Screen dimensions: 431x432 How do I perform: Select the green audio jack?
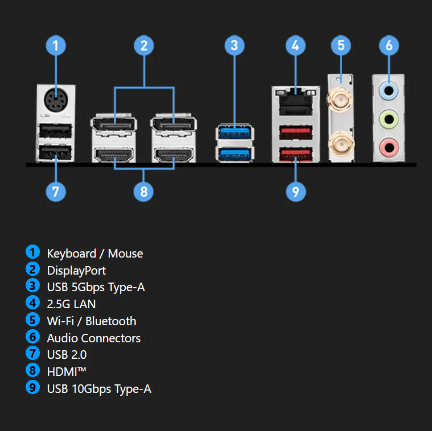pos(389,119)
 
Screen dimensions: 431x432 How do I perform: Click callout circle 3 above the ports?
pos(234,45)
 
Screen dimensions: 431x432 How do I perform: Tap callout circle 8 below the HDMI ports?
pos(144,192)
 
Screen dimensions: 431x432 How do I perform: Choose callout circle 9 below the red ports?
pos(295,192)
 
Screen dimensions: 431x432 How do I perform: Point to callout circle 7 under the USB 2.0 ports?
pos(55,192)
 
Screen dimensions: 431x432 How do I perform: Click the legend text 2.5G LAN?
pos(71,304)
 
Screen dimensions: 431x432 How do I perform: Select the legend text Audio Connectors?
pos(93,338)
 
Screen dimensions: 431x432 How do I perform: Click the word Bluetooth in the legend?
pos(111,321)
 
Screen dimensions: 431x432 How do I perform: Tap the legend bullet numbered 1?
pos(33,252)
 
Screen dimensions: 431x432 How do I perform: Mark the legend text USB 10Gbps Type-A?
pos(99,389)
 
